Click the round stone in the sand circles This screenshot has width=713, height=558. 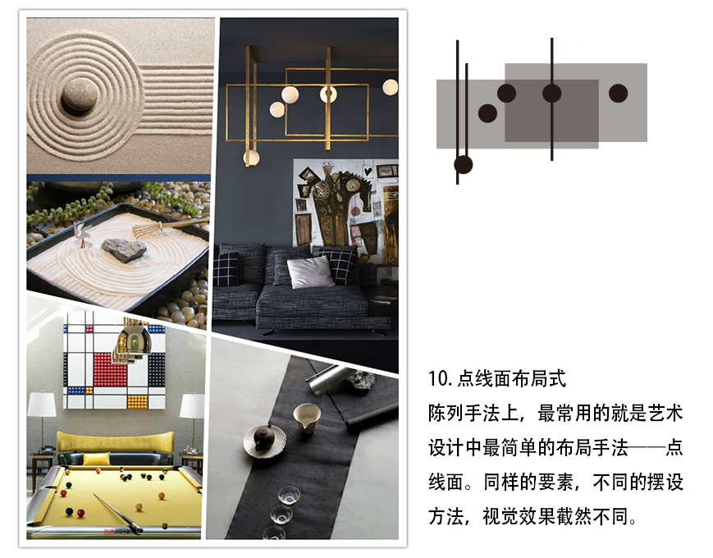coord(80,95)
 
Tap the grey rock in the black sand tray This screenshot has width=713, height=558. coord(124,249)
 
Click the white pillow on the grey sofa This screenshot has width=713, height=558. coord(311,272)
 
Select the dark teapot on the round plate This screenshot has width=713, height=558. coord(263,437)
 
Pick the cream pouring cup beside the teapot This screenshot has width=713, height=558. coord(306,418)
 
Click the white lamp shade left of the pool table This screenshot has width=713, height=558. coord(42,405)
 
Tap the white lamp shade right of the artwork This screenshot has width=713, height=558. coord(192,405)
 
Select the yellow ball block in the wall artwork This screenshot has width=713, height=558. coord(137,402)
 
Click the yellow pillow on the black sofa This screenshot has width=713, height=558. coord(96,459)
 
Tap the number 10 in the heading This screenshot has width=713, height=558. coord(438,378)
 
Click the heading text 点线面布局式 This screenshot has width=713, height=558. coord(511,378)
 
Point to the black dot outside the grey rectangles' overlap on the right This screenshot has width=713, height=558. coord(618,94)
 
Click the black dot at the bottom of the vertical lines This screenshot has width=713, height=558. coord(464,165)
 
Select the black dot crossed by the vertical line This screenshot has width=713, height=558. coord(551,94)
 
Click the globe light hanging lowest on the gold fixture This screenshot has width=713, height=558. coord(251,158)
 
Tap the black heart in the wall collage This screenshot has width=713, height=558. coord(368,172)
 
